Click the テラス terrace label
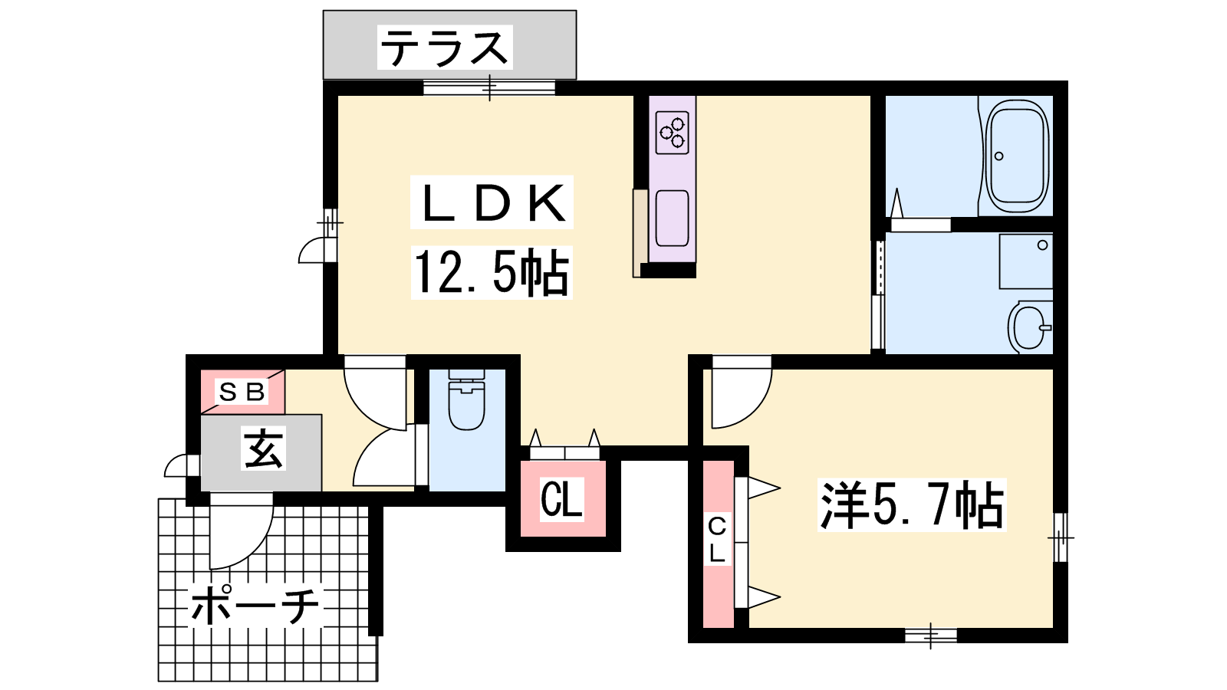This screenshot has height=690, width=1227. (444, 48)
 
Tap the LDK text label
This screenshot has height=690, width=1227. (492, 202)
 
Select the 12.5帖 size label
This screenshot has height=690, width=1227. (492, 273)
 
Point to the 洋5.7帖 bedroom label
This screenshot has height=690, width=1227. (912, 504)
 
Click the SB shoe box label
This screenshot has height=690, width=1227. (242, 392)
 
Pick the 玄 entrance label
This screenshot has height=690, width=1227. (264, 449)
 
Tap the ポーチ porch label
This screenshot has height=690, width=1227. (255, 606)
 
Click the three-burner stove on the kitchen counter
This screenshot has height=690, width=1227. (672, 133)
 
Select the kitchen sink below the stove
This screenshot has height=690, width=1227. (672, 219)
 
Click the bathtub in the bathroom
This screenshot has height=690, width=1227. (1017, 156)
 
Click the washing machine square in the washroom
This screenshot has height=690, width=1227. (1026, 261)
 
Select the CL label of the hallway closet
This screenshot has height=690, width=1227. (561, 499)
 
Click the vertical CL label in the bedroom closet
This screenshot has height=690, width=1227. (717, 540)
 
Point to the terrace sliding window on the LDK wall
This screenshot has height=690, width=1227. (489, 87)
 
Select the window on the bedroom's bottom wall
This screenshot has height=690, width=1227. (931, 636)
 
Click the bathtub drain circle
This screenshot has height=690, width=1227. (998, 156)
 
